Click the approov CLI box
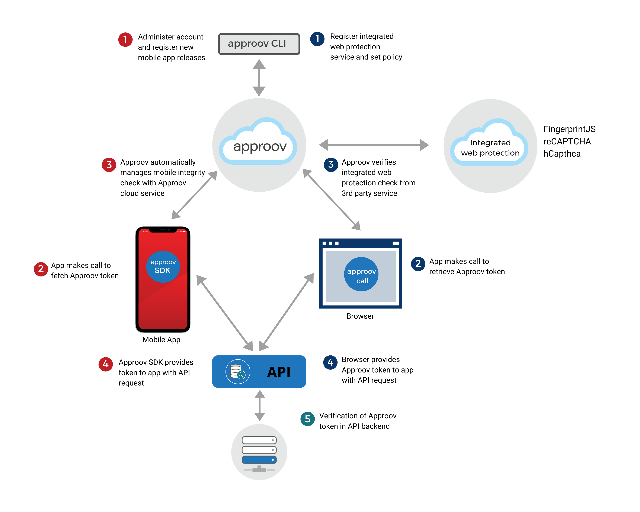(x=259, y=44)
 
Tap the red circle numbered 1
(x=125, y=39)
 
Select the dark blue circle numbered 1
(x=317, y=39)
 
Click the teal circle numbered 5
(x=308, y=419)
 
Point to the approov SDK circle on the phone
(x=163, y=266)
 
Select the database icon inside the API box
(x=237, y=371)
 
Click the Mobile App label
(x=161, y=340)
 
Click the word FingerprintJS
(x=569, y=129)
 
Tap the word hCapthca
(x=562, y=154)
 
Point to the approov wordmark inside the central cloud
(x=260, y=147)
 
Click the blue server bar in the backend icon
(x=259, y=460)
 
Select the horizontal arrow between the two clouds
(x=374, y=145)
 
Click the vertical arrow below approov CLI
(x=259, y=78)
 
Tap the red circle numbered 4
(x=105, y=364)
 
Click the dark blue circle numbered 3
(x=331, y=164)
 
